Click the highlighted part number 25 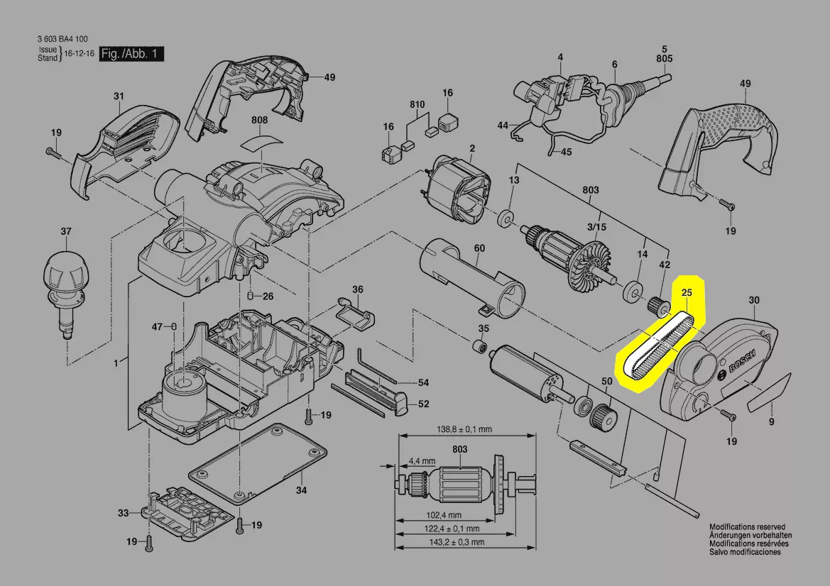point(687,292)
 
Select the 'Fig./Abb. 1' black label point(131,54)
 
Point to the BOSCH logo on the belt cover point(742,360)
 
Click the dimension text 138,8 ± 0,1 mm point(464,429)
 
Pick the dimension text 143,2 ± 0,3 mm point(457,541)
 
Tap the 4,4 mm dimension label point(422,460)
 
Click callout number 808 point(259,120)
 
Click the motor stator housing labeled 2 point(457,189)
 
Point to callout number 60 point(479,248)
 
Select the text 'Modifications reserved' point(747,527)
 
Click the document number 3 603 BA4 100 point(62,38)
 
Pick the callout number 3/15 point(596,227)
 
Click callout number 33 point(124,513)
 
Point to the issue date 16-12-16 point(80,53)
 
